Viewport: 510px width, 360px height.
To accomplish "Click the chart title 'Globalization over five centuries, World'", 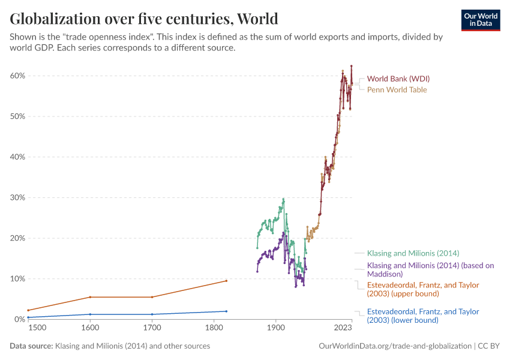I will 144,19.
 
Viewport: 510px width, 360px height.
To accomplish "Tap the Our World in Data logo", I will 480,19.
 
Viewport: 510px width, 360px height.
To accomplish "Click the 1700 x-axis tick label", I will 152,329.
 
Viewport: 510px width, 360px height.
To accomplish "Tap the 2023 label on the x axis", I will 343,329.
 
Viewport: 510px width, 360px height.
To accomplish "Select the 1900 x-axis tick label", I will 275,329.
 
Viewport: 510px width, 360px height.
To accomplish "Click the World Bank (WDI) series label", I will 398,79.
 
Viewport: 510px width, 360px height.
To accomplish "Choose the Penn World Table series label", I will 397,90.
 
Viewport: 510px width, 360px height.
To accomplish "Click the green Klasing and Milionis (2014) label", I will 413,253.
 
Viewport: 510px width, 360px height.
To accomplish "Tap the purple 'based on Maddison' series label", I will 430,269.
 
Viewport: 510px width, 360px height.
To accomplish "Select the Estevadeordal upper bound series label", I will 423,289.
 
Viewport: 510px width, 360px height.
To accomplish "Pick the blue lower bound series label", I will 423,316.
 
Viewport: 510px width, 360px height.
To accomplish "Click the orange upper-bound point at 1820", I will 226,281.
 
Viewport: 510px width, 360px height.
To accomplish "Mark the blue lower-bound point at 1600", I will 90,314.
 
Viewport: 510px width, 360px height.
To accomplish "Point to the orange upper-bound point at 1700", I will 152,297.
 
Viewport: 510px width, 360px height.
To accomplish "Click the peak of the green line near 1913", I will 283,199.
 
